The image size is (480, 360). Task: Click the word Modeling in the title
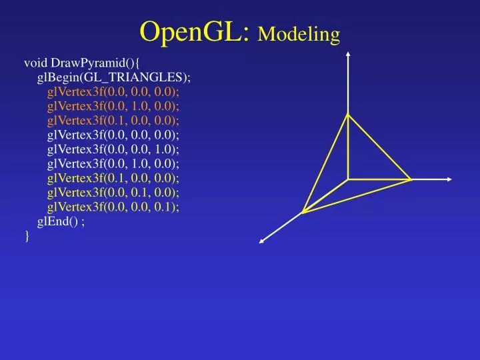(x=299, y=33)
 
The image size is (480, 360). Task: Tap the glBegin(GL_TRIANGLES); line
(x=114, y=77)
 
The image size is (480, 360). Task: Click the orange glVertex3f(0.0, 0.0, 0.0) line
(x=113, y=92)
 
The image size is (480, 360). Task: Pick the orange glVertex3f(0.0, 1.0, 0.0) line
(x=113, y=106)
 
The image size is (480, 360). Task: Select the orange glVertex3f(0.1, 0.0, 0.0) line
(x=113, y=121)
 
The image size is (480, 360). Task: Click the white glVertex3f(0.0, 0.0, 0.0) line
(x=113, y=135)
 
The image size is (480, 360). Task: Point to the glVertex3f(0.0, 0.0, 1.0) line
(x=113, y=149)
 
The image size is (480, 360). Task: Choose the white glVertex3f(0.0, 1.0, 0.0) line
(x=113, y=164)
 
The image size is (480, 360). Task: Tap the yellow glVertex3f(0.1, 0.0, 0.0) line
(x=113, y=178)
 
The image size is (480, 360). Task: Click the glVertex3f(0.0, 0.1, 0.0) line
(x=113, y=193)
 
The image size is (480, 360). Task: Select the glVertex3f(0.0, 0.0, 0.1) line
(x=113, y=207)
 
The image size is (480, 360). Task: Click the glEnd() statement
(x=61, y=221)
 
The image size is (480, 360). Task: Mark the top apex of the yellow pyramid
(x=347, y=115)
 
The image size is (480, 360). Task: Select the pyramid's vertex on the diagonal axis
(x=303, y=212)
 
